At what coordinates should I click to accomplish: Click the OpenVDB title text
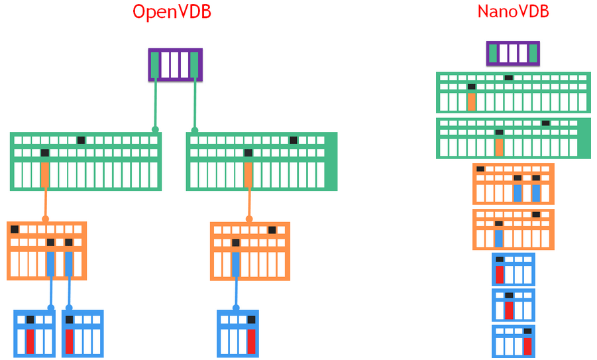pyautogui.click(x=172, y=12)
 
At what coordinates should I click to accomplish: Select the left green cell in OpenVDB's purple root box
pyautogui.click(x=156, y=65)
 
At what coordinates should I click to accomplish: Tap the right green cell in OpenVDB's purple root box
pyautogui.click(x=194, y=65)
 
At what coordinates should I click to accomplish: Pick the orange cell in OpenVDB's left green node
pyautogui.click(x=44, y=174)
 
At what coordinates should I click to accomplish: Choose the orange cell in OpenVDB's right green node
pyautogui.click(x=248, y=174)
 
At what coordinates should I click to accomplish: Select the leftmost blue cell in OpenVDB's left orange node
pyautogui.click(x=50, y=263)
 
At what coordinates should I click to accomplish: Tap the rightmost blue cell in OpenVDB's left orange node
pyautogui.click(x=69, y=263)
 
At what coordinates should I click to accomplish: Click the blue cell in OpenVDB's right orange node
pyautogui.click(x=235, y=263)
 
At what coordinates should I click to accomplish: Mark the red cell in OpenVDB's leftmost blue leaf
pyautogui.click(x=30, y=341)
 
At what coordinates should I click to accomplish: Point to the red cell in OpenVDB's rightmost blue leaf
pyautogui.click(x=251, y=341)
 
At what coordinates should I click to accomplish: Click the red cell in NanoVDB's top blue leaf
pyautogui.click(x=500, y=274)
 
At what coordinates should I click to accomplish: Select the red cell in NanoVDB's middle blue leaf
pyautogui.click(x=509, y=310)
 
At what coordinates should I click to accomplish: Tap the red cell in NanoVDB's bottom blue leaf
pyautogui.click(x=527, y=345)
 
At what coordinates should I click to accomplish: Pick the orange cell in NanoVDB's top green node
pyautogui.click(x=471, y=101)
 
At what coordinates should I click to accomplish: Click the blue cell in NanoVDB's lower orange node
pyautogui.click(x=499, y=238)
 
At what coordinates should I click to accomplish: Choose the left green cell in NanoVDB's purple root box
pyautogui.click(x=492, y=53)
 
